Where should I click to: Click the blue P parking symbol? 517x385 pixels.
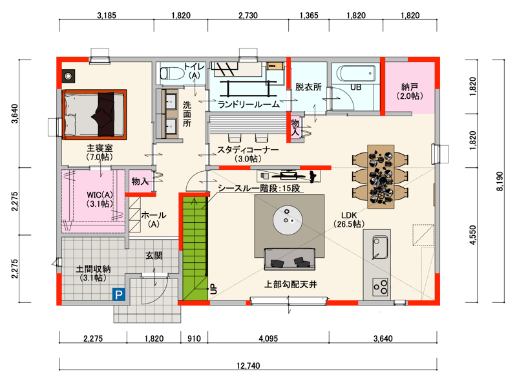119,294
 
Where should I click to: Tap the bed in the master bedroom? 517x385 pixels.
94,114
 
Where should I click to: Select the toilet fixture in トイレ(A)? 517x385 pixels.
172,73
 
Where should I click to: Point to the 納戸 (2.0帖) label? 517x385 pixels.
410,91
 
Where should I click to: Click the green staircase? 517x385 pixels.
195,248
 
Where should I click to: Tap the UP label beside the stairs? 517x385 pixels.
214,289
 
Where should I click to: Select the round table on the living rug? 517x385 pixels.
288,220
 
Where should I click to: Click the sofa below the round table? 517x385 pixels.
290,259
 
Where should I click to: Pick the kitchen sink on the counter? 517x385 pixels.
380,247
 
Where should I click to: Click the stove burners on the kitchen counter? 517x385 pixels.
380,287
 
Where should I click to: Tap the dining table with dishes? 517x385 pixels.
381,177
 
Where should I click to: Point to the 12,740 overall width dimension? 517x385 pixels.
248,366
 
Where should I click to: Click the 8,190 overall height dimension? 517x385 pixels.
500,181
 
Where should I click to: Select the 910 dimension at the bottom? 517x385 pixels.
194,338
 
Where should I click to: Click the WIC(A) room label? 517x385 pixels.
100,199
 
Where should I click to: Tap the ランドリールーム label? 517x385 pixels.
249,105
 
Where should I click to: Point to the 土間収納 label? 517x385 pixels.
93,273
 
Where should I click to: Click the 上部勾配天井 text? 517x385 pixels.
290,284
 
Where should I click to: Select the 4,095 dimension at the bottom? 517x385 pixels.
268,338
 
